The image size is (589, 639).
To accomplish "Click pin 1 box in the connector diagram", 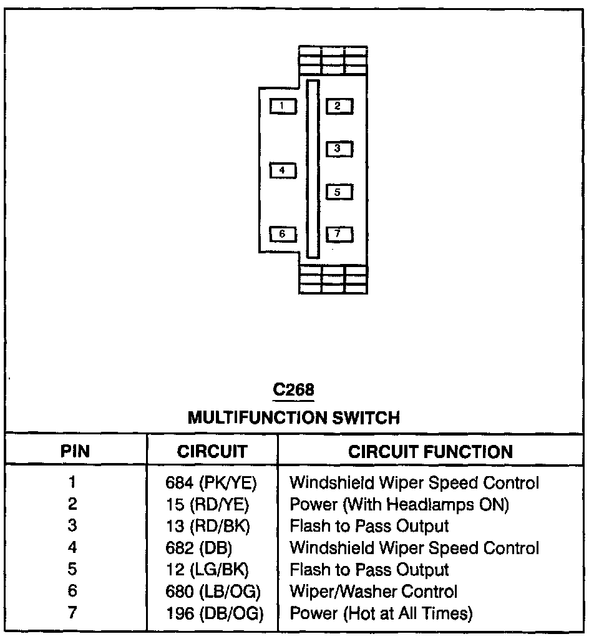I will point(282,106).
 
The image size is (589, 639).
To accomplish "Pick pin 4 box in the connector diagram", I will point(282,170).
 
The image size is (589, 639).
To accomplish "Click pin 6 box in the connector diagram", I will point(282,234).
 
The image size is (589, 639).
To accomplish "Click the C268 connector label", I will point(294,390).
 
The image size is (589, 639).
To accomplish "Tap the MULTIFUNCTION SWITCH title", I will point(294,417).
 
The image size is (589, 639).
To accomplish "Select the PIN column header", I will point(75,451).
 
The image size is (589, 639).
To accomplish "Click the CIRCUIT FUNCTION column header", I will point(431,451).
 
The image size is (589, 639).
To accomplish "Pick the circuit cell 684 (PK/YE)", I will point(212,482).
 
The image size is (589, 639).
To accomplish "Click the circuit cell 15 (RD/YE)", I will point(212,504).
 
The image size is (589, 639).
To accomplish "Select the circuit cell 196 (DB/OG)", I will point(215,613).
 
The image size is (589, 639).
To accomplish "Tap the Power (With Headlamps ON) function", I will point(399,504).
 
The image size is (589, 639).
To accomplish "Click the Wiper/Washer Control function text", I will point(374,591).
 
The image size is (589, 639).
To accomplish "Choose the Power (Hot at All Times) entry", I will point(381,613).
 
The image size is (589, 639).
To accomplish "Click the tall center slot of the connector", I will point(313,168).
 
